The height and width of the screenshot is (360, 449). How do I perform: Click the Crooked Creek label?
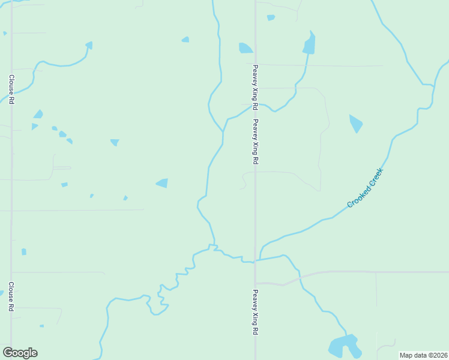[364, 188]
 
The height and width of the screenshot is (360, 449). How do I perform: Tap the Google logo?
[20, 353]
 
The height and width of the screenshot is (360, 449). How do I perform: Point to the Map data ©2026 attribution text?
[424, 355]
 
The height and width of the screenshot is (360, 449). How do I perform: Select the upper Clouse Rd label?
[11, 89]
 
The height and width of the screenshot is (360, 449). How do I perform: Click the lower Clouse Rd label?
[11, 296]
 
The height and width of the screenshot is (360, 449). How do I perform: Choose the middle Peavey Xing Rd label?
[255, 142]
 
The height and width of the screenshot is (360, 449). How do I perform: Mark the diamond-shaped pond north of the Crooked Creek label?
[356, 123]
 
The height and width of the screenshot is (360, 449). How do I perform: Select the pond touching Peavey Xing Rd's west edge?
[246, 48]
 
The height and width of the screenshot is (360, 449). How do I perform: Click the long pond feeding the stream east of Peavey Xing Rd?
[310, 43]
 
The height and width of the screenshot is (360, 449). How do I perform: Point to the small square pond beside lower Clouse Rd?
[24, 252]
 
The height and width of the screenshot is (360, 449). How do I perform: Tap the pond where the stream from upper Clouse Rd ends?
[89, 45]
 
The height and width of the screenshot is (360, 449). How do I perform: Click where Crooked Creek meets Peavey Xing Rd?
[256, 260]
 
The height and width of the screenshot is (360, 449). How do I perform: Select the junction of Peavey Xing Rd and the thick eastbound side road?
[256, 283]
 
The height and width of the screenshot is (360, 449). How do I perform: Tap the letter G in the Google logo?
[8, 353]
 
